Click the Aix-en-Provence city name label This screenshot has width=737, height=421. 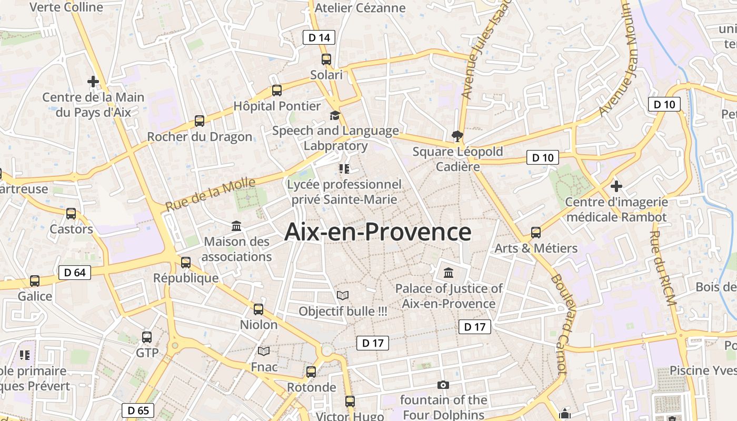[x=377, y=232]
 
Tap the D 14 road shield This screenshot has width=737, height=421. [x=319, y=37]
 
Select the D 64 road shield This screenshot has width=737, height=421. [x=75, y=272]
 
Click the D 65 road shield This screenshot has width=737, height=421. [x=138, y=410]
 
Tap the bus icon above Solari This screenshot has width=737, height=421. [x=326, y=59]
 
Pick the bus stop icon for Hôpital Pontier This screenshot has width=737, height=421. [x=277, y=90]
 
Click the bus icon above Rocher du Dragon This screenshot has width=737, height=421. [x=200, y=121]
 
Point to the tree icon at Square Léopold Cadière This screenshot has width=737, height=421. [x=457, y=136]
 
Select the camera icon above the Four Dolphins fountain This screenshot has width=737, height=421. [x=443, y=385]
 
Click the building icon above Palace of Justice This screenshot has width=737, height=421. [x=449, y=273]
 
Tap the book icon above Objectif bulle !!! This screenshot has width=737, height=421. [x=343, y=296]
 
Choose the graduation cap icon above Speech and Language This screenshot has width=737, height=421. [x=335, y=115]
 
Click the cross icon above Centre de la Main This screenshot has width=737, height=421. [x=93, y=82]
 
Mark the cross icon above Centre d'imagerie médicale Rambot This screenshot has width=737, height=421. [x=616, y=186]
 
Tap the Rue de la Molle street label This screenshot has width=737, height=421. [x=211, y=194]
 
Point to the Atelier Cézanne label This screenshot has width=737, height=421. [x=360, y=8]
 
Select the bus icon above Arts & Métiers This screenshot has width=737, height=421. [x=536, y=232]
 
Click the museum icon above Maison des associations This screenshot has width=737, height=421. [x=236, y=226]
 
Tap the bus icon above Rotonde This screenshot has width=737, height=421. [x=311, y=372]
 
